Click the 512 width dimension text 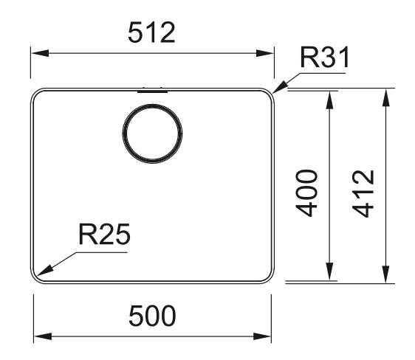point(151,32)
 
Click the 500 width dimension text point(152,316)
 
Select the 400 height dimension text point(306,193)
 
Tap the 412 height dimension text point(363,194)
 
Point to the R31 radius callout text point(325,58)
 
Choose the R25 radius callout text point(104,235)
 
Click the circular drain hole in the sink point(152,134)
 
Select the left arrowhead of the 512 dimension point(40,53)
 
